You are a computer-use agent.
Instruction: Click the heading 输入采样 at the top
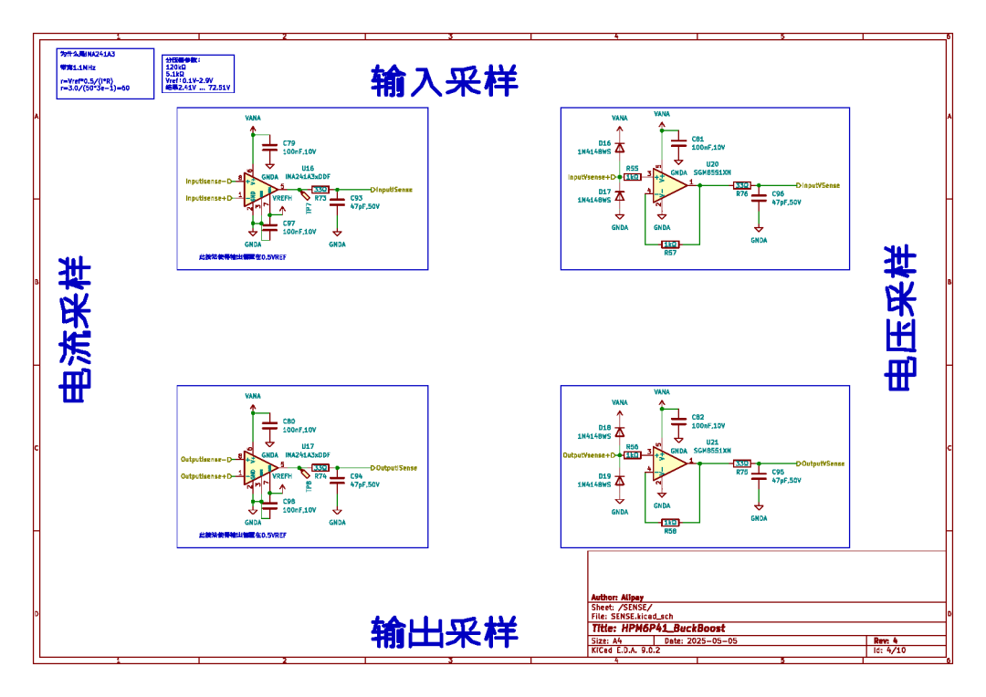pyautogui.click(x=445, y=81)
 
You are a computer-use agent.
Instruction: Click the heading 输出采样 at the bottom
pyautogui.click(x=445, y=631)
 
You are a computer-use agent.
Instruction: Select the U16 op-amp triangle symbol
pyautogui.click(x=261, y=190)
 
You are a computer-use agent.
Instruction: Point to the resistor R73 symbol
pyautogui.click(x=320, y=190)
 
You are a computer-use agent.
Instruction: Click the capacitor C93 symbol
pyautogui.click(x=338, y=200)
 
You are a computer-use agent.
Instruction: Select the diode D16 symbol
pyautogui.click(x=620, y=148)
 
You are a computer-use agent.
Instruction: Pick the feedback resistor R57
pyautogui.click(x=671, y=244)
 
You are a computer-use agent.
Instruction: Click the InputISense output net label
pyautogui.click(x=393, y=190)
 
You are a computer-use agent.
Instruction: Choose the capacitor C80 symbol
pyautogui.click(x=269, y=424)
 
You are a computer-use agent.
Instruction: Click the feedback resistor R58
pyautogui.click(x=671, y=523)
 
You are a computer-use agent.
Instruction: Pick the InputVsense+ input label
pyautogui.click(x=593, y=177)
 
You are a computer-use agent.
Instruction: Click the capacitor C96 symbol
pyautogui.click(x=758, y=198)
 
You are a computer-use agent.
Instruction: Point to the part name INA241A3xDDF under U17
pyautogui.click(x=308, y=454)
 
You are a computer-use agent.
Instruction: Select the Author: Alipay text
pyautogui.click(x=617, y=598)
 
